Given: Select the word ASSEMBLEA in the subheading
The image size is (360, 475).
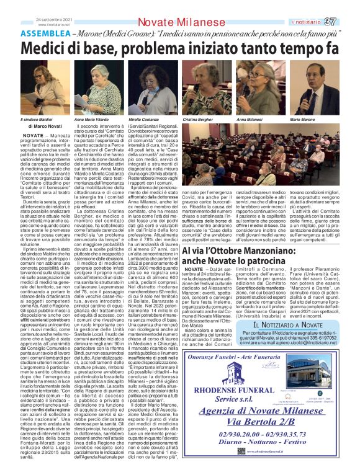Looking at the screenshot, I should [48, 33].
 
